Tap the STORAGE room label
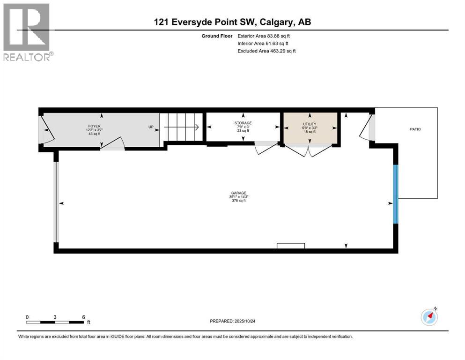point(243,123)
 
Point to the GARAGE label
point(239,192)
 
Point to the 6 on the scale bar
point(83,317)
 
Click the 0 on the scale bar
point(27,317)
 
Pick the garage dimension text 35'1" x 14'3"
point(239,196)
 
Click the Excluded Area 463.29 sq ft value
point(266,51)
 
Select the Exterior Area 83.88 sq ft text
point(267,36)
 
